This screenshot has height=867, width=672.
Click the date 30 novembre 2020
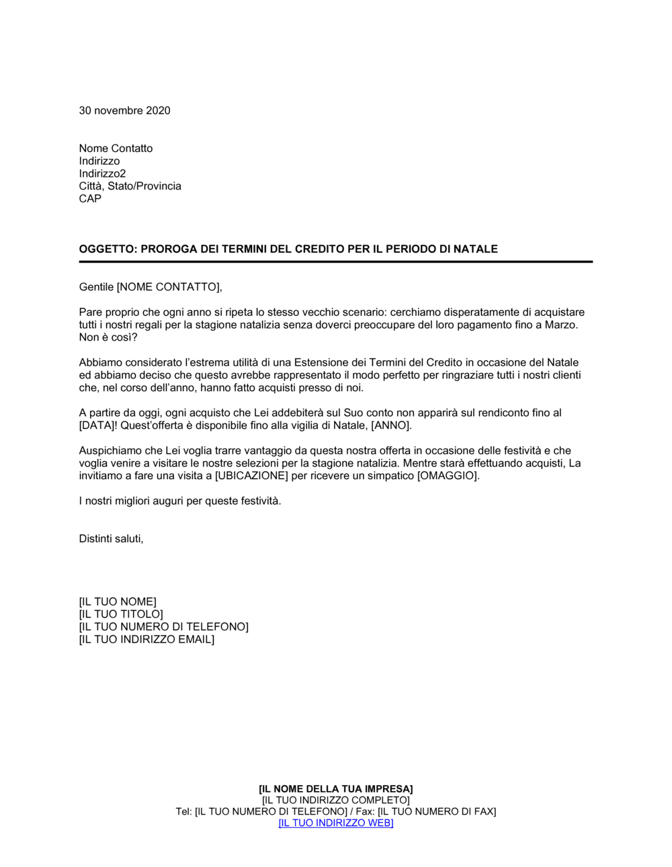pos(124,111)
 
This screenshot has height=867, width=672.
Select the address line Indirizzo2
pos(102,173)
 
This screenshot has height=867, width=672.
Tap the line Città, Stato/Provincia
pos(130,186)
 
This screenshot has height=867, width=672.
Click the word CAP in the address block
pos(90,199)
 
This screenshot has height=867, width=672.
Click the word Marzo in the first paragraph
pos(561,325)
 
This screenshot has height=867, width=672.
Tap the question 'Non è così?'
pos(108,337)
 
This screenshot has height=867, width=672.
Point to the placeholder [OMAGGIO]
pos(448,476)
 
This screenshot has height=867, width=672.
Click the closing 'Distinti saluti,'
pos(111,539)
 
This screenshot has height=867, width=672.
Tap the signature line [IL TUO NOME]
pos(118,602)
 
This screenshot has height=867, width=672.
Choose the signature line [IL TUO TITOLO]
pos(121,614)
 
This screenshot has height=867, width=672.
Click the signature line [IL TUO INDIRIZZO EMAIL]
pos(146,640)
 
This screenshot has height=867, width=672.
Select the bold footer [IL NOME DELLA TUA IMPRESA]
pos(335,788)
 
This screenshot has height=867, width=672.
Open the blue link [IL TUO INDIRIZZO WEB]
pos(335,823)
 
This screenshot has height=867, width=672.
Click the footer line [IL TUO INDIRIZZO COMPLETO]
pos(335,800)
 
